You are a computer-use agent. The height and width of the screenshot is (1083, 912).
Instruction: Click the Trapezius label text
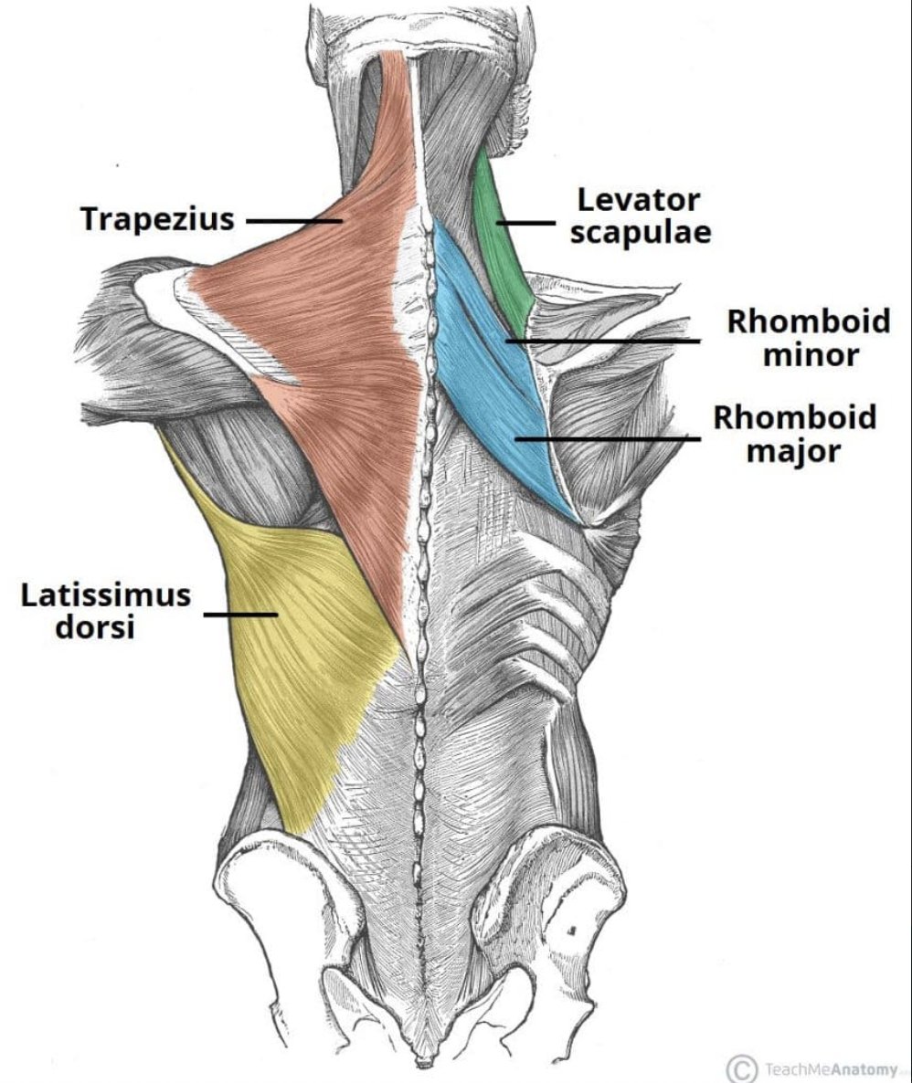(x=157, y=219)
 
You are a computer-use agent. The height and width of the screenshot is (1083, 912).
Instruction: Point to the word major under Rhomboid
(x=793, y=450)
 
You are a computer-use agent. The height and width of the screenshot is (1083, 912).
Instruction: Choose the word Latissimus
(x=106, y=595)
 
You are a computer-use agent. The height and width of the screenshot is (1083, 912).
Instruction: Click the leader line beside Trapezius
(x=292, y=220)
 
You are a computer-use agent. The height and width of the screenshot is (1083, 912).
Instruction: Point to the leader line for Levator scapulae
(x=526, y=222)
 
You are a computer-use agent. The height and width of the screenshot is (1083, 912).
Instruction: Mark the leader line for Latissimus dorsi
(x=239, y=614)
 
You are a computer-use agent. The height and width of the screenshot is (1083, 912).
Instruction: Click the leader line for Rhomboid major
(x=608, y=438)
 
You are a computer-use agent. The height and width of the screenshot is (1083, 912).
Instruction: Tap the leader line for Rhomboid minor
(x=603, y=342)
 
